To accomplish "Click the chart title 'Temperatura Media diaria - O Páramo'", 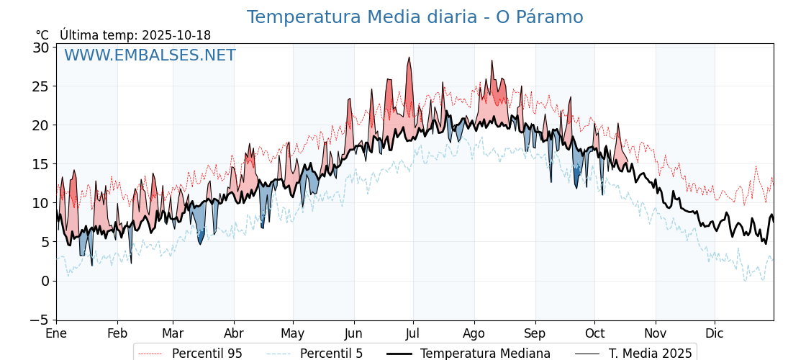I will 415,17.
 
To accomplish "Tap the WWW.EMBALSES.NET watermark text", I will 150,55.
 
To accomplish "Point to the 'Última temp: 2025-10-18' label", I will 135,35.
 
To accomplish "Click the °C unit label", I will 42,35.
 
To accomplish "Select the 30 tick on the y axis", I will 41,48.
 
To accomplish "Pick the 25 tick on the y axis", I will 41,86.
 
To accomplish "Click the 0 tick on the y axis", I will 45,281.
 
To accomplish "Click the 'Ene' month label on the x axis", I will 56,334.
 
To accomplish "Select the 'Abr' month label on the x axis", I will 234,334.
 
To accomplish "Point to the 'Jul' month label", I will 413,334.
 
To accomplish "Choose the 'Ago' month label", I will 474,334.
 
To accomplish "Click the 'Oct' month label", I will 594,334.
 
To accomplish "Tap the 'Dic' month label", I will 715,334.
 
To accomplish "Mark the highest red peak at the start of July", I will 409,58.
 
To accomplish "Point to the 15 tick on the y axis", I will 41,164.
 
